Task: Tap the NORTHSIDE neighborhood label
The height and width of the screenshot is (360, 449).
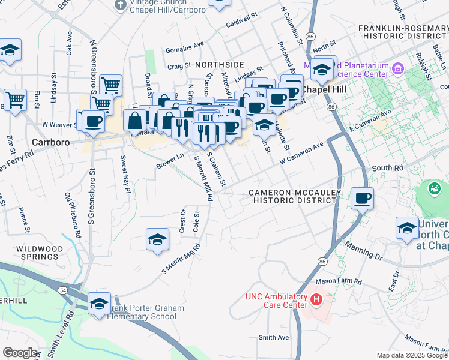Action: click(219, 64)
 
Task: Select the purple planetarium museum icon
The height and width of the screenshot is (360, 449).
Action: click(397, 68)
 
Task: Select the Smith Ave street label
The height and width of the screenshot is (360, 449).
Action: click(273, 338)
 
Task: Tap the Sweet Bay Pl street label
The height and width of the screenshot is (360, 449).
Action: click(124, 174)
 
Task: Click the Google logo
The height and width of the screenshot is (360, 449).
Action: click(20, 353)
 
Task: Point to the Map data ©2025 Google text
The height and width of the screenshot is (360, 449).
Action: click(412, 355)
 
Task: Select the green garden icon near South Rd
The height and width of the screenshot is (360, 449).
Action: click(433, 188)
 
